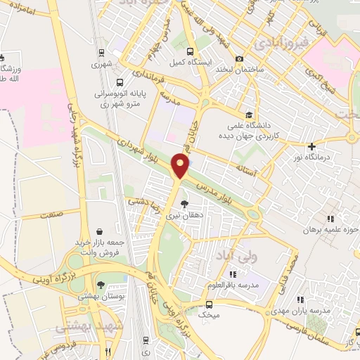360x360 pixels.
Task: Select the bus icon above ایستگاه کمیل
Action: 189,51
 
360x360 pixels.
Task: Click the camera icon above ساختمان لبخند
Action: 240,59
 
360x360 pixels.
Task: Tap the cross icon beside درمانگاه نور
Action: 311,146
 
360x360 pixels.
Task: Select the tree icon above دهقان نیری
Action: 184,205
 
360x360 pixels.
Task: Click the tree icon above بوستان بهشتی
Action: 101,285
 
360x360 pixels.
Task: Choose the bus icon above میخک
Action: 207,304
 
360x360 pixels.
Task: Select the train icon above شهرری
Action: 101,52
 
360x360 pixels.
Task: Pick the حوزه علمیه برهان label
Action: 333,230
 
